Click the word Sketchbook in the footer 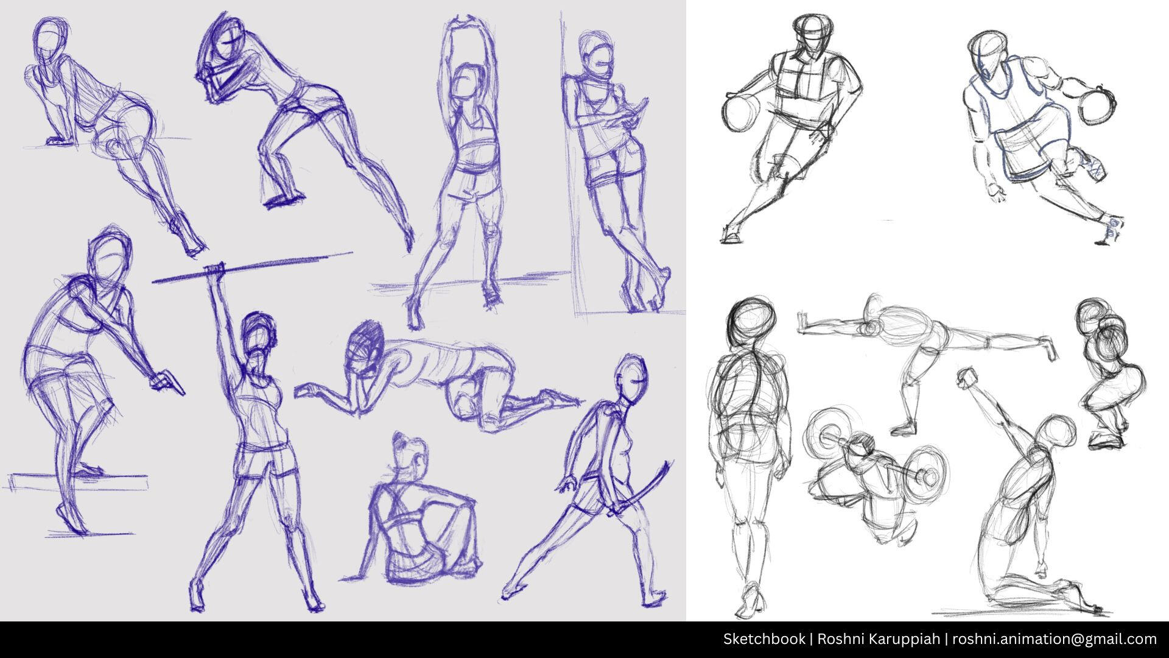(x=764, y=639)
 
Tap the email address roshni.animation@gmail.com (x=1055, y=639)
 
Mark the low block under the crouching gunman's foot (x=79, y=482)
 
